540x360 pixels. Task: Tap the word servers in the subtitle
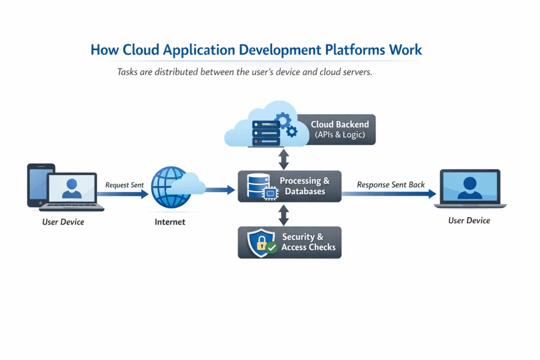pos(358,72)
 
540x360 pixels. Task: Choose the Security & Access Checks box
pos(290,242)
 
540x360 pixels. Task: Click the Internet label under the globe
pos(170,222)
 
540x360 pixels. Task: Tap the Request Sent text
pos(124,185)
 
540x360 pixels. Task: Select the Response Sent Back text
pos(391,184)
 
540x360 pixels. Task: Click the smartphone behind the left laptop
pos(37,182)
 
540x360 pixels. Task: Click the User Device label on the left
pos(63,222)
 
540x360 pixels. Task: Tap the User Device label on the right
pos(469,220)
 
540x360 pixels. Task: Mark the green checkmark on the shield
pos(272,247)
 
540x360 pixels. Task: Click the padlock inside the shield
pos(261,244)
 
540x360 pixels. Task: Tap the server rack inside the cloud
pos(265,133)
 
